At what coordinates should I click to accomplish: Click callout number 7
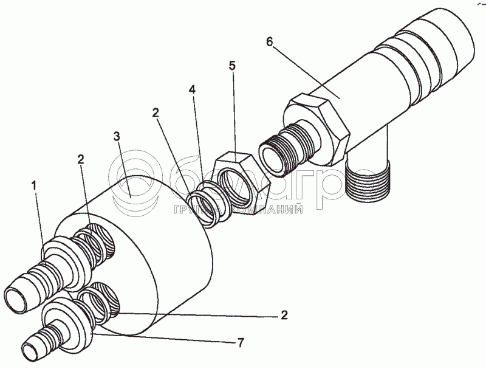(240, 343)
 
